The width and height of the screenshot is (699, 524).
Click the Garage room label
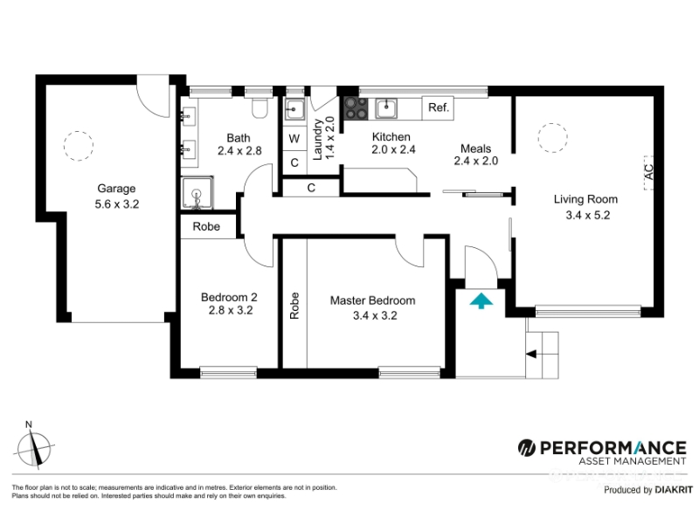click(x=116, y=189)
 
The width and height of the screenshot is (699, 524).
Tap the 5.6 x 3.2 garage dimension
click(x=117, y=204)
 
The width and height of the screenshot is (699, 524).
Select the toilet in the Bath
click(x=259, y=107)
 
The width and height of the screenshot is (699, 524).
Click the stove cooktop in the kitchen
click(x=356, y=108)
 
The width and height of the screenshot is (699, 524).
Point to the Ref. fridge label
click(x=439, y=107)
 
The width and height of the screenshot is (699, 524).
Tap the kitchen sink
click(x=386, y=108)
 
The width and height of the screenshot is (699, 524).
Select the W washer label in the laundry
click(x=294, y=139)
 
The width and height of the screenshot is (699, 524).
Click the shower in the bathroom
click(x=197, y=192)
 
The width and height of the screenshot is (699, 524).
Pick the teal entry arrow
click(x=481, y=300)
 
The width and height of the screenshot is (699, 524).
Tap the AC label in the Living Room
click(x=649, y=172)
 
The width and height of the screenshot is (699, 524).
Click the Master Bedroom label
click(x=373, y=300)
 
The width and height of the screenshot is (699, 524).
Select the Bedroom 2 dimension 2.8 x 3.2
click(x=231, y=310)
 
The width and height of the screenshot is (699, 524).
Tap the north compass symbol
click(x=35, y=447)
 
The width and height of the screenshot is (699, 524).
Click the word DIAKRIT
click(x=674, y=490)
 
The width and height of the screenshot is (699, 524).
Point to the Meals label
click(x=475, y=148)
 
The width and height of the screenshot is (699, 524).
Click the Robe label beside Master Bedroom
click(x=294, y=306)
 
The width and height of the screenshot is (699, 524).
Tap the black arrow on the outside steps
click(x=531, y=355)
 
